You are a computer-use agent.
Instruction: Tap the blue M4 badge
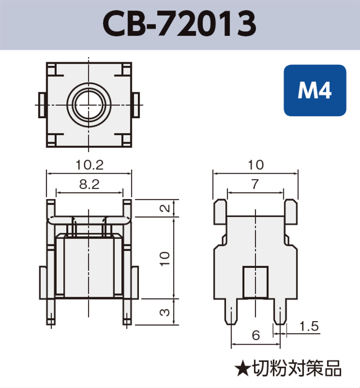[x=314, y=90]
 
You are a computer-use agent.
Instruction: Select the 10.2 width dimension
[x=90, y=165]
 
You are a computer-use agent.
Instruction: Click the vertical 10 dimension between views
[x=166, y=258]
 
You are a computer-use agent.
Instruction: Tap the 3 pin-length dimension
[x=165, y=312]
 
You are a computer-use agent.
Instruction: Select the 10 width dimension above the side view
[x=255, y=165]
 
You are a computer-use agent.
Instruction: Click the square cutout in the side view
[x=255, y=282]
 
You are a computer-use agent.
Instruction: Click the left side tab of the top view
[x=42, y=105]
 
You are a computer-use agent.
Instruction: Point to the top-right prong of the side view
[x=291, y=211]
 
